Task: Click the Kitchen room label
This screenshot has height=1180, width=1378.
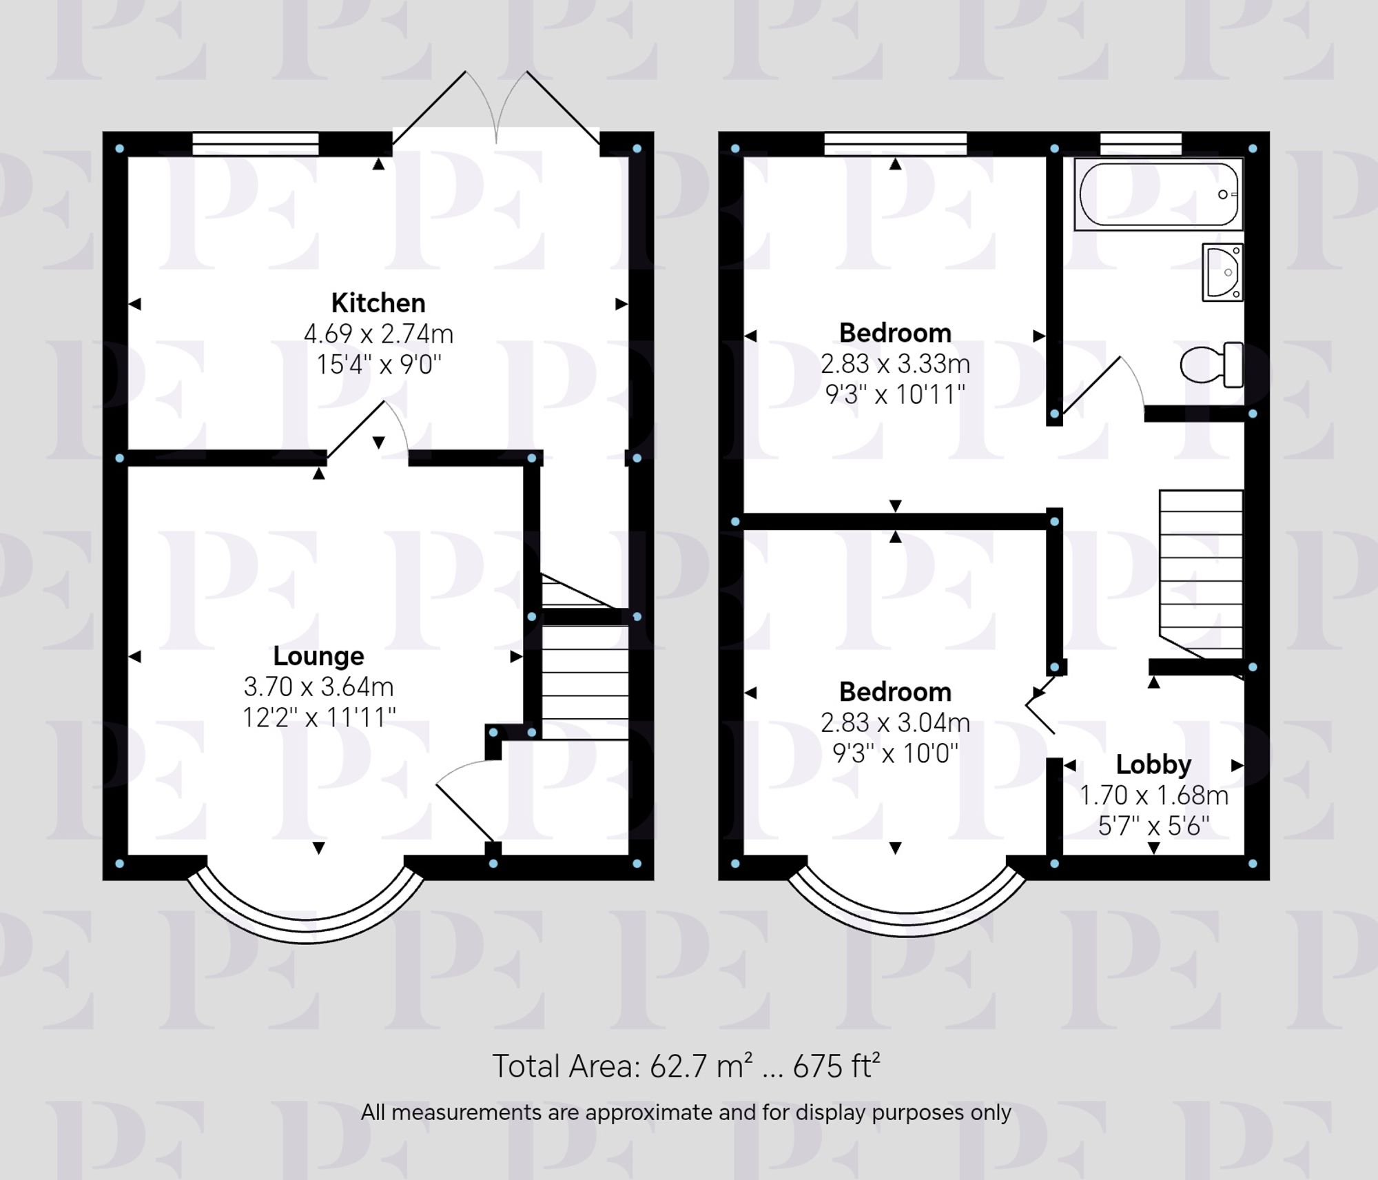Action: pos(378,303)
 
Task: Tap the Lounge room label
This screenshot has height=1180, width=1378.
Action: pos(318,656)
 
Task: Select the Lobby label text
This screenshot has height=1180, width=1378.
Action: pos(1153,764)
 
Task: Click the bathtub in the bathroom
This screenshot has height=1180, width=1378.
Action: pos(1158,194)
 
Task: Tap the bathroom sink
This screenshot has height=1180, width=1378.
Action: pos(1222,272)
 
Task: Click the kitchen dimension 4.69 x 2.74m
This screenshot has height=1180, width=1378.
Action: pos(378,334)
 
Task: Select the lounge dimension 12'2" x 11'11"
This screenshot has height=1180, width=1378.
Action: pos(318,718)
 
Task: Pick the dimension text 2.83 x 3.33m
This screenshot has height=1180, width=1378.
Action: pos(895,364)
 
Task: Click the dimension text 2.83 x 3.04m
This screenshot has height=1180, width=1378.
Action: pos(895,723)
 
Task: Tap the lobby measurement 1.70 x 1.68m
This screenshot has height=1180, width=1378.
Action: pos(1153,796)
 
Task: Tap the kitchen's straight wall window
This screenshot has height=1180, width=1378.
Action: pos(256,144)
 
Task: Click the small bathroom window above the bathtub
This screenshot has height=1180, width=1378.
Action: pos(1140,144)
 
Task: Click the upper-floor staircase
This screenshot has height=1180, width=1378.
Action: pos(1201,572)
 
